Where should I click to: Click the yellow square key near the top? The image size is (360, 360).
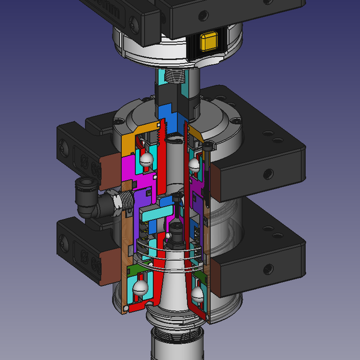tap(209, 41)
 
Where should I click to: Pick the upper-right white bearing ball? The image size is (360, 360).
tap(193, 163)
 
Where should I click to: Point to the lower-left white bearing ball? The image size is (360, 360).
tap(142, 289)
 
